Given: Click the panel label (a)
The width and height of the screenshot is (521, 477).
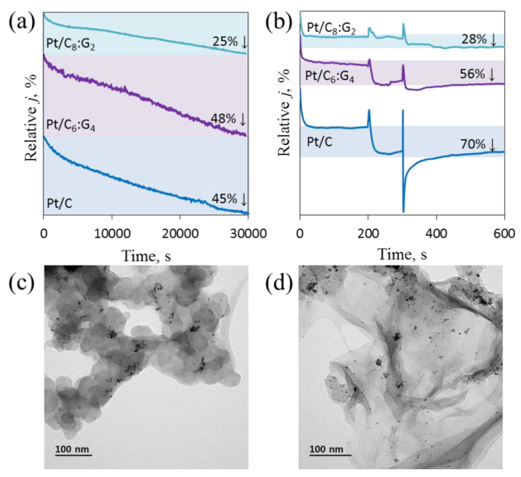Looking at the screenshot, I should pyautogui.click(x=22, y=22).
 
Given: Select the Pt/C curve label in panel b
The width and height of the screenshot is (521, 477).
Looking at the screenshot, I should pyautogui.click(x=319, y=142).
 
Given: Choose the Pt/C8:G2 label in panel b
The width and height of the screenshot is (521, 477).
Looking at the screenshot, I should pyautogui.click(x=331, y=28).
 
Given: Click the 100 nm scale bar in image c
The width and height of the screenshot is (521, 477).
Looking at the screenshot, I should pyautogui.click(x=73, y=433).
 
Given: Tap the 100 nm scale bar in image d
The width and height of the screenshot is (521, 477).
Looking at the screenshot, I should pyautogui.click(x=330, y=433).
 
